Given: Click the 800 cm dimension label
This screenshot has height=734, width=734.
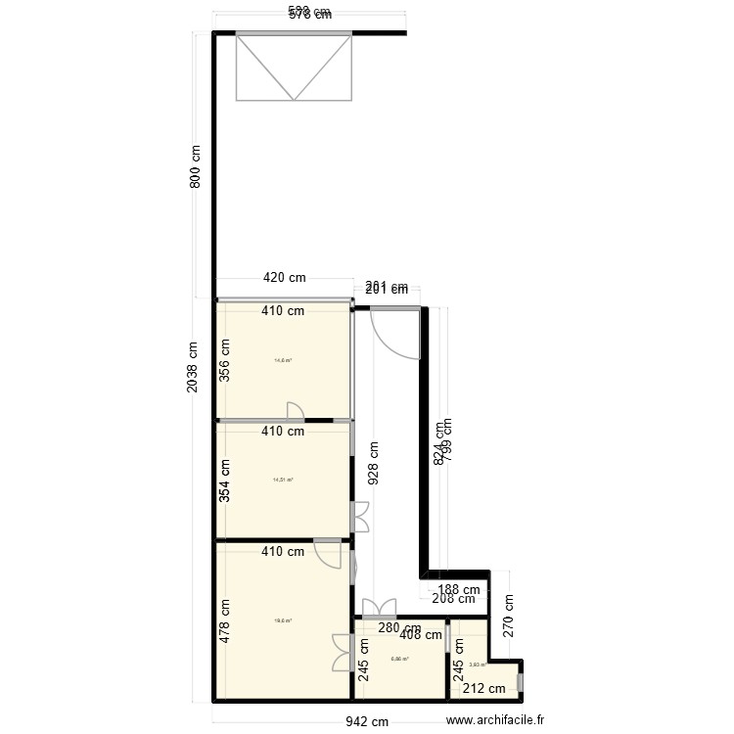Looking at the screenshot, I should click(196, 167).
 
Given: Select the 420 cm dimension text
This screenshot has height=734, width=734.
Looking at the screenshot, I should click(284, 277).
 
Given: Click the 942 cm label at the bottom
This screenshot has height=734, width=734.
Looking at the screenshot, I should click(368, 721).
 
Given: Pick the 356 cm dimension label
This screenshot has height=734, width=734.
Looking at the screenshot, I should click(225, 360).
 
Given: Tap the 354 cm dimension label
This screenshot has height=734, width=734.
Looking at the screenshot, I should click(225, 480).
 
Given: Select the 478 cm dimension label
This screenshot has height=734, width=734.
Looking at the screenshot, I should click(225, 620).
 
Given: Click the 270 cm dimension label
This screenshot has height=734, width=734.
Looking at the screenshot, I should click(508, 617).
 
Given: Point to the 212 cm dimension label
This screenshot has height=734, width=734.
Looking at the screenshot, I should click(483, 689).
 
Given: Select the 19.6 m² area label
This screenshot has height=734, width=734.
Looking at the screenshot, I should click(283, 620).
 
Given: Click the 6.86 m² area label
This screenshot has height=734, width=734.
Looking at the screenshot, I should click(399, 659).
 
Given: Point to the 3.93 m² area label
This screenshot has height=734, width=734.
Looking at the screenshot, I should click(478, 665).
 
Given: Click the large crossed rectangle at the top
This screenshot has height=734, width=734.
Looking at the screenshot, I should click(293, 67).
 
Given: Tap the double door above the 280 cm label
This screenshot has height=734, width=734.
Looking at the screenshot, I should click(379, 608).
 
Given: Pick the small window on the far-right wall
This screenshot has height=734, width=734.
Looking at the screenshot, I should click(521, 681).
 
